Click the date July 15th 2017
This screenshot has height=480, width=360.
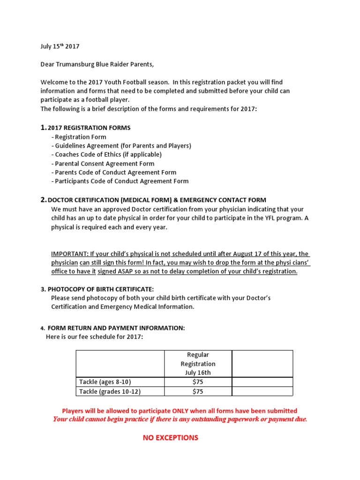[x=60, y=46]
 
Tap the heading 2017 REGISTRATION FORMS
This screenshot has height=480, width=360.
[x=89, y=128]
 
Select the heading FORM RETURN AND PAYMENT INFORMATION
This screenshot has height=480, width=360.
[x=116, y=328]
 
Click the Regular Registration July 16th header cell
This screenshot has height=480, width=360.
[x=198, y=364]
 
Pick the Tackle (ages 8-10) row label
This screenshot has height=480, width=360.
[x=105, y=382]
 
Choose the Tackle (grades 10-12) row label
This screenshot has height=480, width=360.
[x=110, y=391]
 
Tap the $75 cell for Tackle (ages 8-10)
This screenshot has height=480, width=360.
[x=198, y=382]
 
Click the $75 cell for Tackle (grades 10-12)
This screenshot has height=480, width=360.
[x=198, y=391]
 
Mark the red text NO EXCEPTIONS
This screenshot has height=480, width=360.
[x=171, y=438]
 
